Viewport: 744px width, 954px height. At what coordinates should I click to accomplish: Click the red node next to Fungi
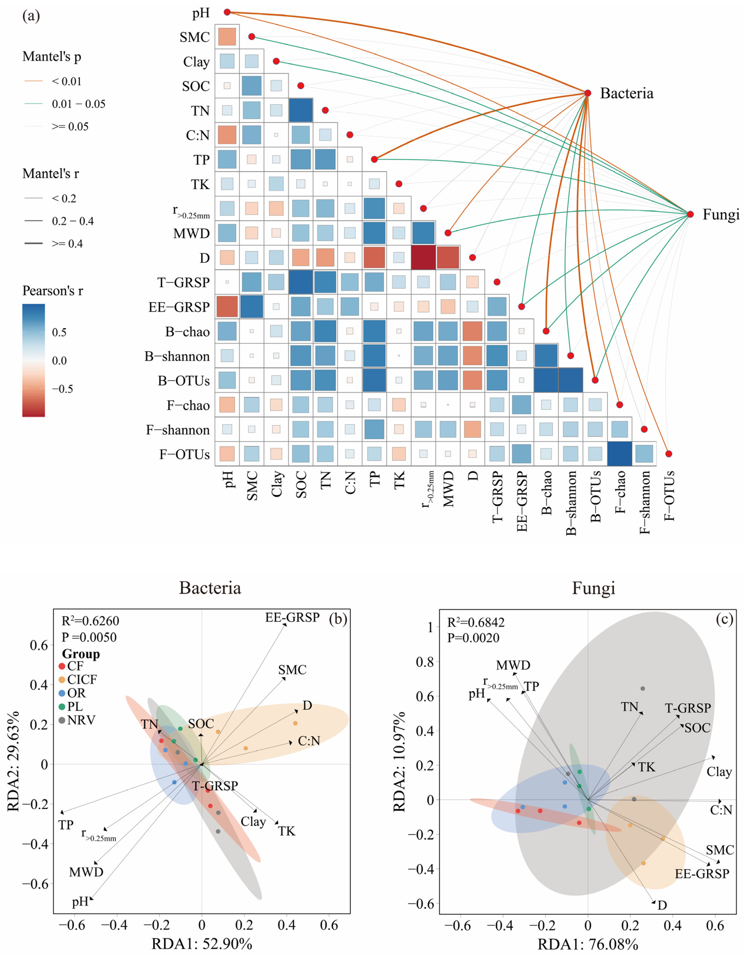point(690,215)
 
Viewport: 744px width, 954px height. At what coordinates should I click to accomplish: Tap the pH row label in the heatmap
point(201,13)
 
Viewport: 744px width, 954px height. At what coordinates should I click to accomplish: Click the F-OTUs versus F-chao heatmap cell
point(619,454)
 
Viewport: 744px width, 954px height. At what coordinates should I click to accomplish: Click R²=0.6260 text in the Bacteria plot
point(91,621)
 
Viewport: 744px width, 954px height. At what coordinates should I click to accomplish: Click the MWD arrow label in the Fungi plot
point(513,665)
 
